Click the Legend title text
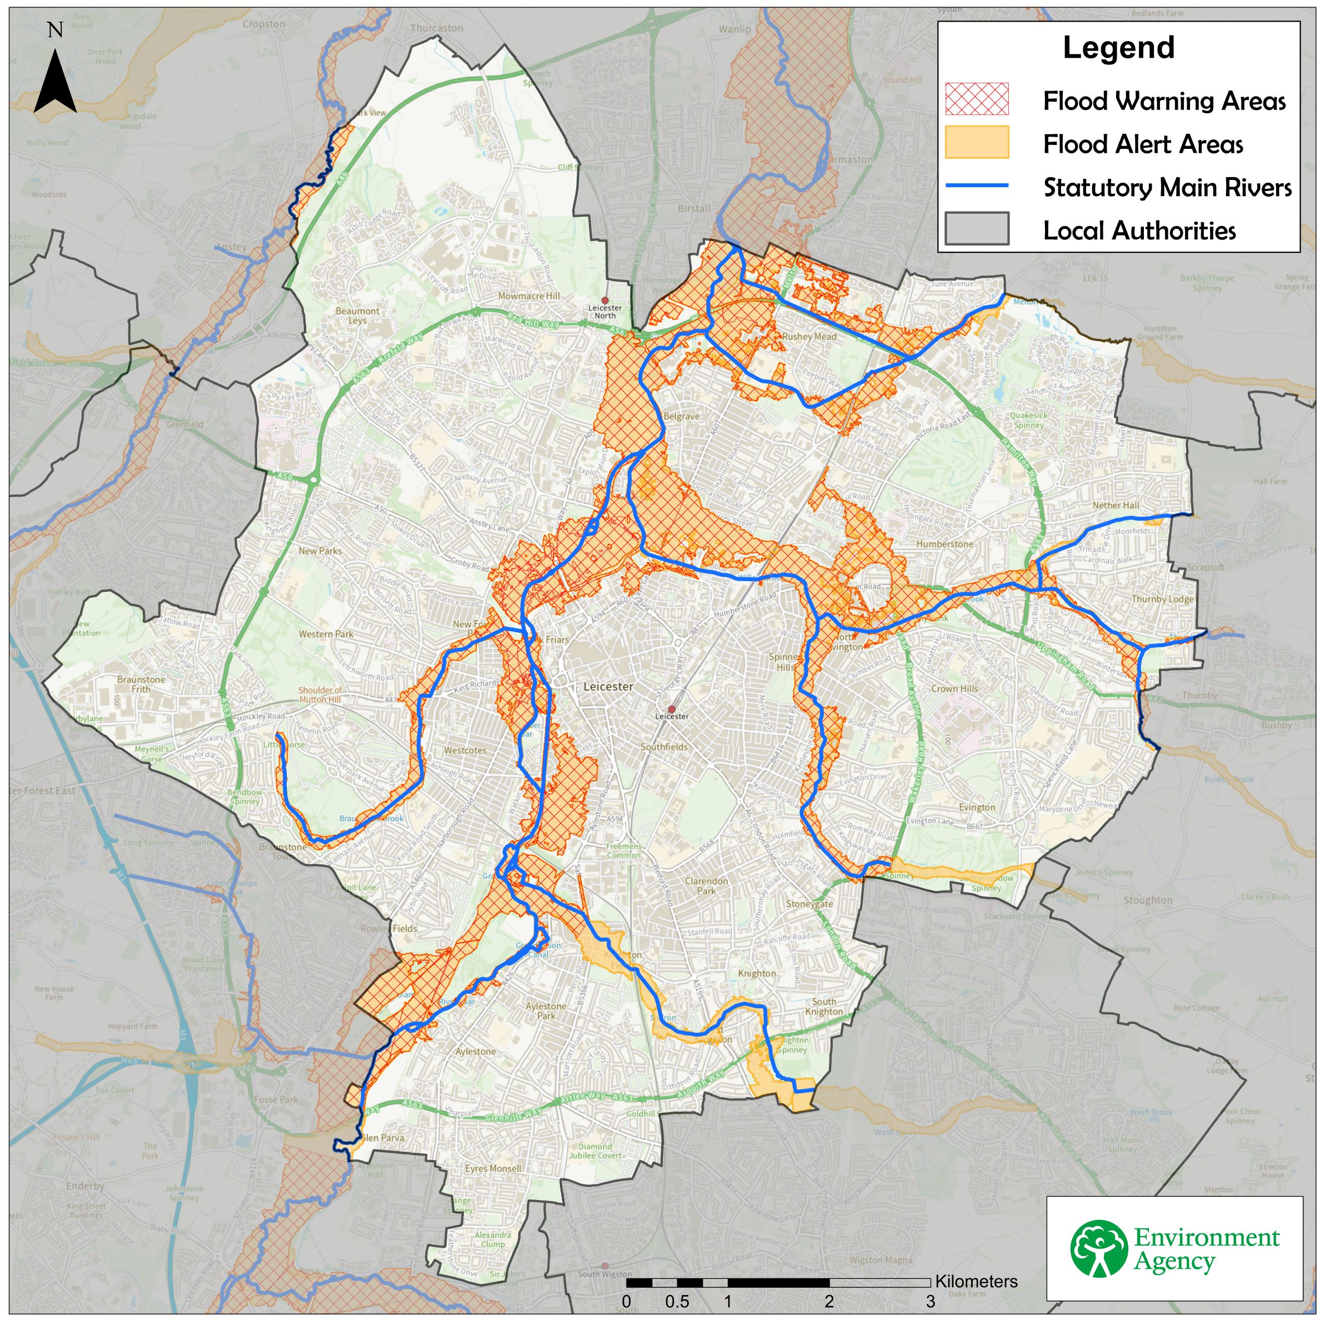click(x=1118, y=48)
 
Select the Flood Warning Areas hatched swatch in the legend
click(x=977, y=99)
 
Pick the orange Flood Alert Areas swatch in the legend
click(x=977, y=143)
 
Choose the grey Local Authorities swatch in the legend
click(x=977, y=229)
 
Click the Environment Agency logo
click(x=1174, y=1248)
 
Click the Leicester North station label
click(x=604, y=311)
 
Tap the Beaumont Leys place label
click(x=357, y=316)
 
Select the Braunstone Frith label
click(x=141, y=684)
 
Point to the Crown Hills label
click(x=954, y=688)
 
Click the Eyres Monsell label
click(x=493, y=1168)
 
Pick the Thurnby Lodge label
click(x=1162, y=599)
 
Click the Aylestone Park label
click(x=546, y=1011)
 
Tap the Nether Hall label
click(x=1116, y=506)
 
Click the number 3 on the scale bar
click(x=930, y=1302)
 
